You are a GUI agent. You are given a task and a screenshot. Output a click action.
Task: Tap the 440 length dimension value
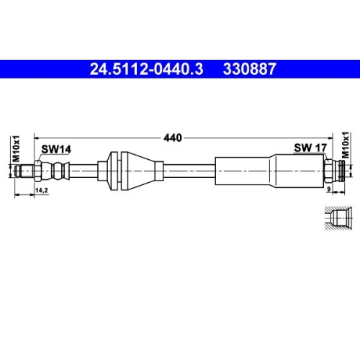pos(173,136)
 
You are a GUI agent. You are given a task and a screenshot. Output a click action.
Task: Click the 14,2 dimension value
pos(42,190)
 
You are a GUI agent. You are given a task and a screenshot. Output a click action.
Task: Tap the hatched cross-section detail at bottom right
pos(336,218)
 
